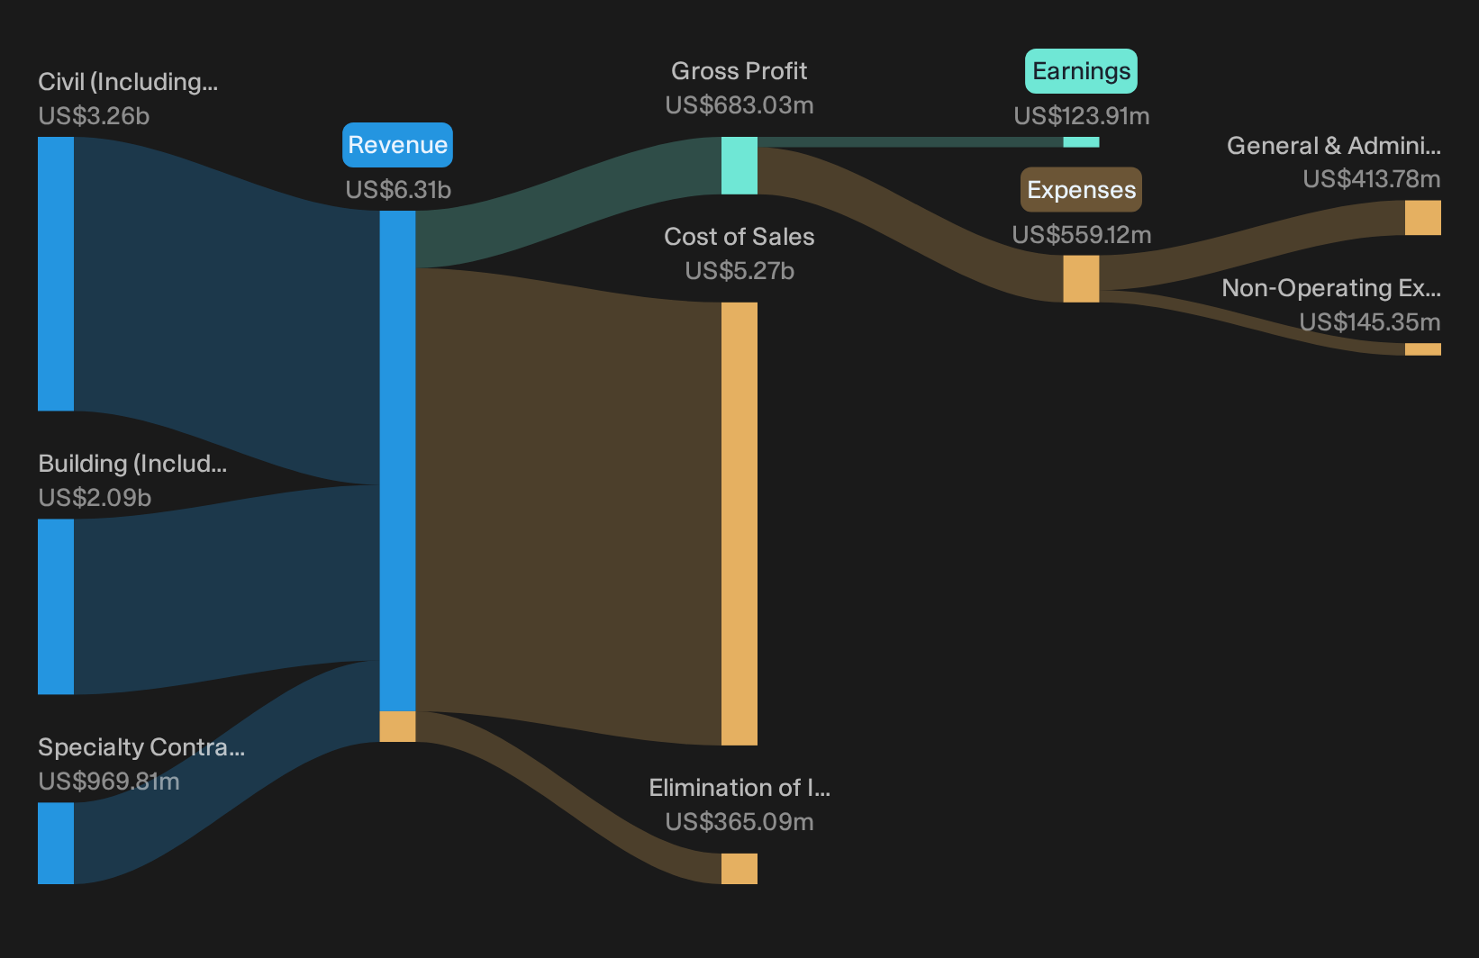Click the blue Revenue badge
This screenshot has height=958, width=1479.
pos(397,145)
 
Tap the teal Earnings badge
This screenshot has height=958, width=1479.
pos(1081,70)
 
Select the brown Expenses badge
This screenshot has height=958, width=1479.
pos(1081,189)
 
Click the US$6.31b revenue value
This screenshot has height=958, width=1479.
pos(398,189)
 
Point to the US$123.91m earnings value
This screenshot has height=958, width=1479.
pos(1082,115)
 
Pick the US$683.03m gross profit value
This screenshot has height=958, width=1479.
pos(739,105)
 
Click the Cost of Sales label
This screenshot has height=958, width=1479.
pos(739,237)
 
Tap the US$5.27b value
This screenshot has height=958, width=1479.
pos(739,271)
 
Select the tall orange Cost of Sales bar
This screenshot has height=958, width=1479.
pos(739,523)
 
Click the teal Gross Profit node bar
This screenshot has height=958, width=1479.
pos(739,166)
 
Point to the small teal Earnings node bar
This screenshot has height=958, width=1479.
pos(1081,142)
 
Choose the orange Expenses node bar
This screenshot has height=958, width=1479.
pos(1081,279)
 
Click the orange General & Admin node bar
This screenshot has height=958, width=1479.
pos(1423,217)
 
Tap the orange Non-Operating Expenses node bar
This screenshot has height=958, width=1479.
pos(1423,349)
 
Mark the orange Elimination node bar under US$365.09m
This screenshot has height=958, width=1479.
pos(739,869)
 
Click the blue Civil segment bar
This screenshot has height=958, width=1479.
pos(56,274)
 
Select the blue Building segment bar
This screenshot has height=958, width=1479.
pos(56,607)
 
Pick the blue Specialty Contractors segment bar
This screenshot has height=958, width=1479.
pos(56,843)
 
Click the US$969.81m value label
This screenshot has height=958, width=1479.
pos(109,781)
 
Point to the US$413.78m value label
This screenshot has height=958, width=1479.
pos(1372,179)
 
